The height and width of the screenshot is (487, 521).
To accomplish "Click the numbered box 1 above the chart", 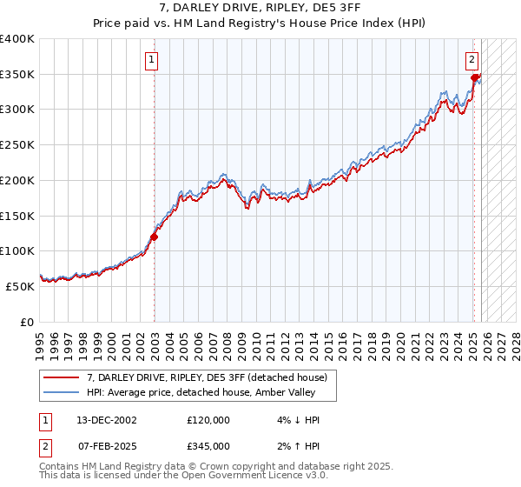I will pos(151,60).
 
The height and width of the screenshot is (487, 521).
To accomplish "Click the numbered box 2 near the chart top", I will pos(471,60).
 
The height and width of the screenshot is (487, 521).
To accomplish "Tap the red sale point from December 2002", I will pos(155,236).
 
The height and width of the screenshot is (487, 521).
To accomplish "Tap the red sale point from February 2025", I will pos(474,77).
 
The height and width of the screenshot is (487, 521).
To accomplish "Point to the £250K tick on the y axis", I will pos(17,144).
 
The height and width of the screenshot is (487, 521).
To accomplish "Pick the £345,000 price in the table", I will pos(208,445).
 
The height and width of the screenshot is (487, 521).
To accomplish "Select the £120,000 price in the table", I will pos(208,420).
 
